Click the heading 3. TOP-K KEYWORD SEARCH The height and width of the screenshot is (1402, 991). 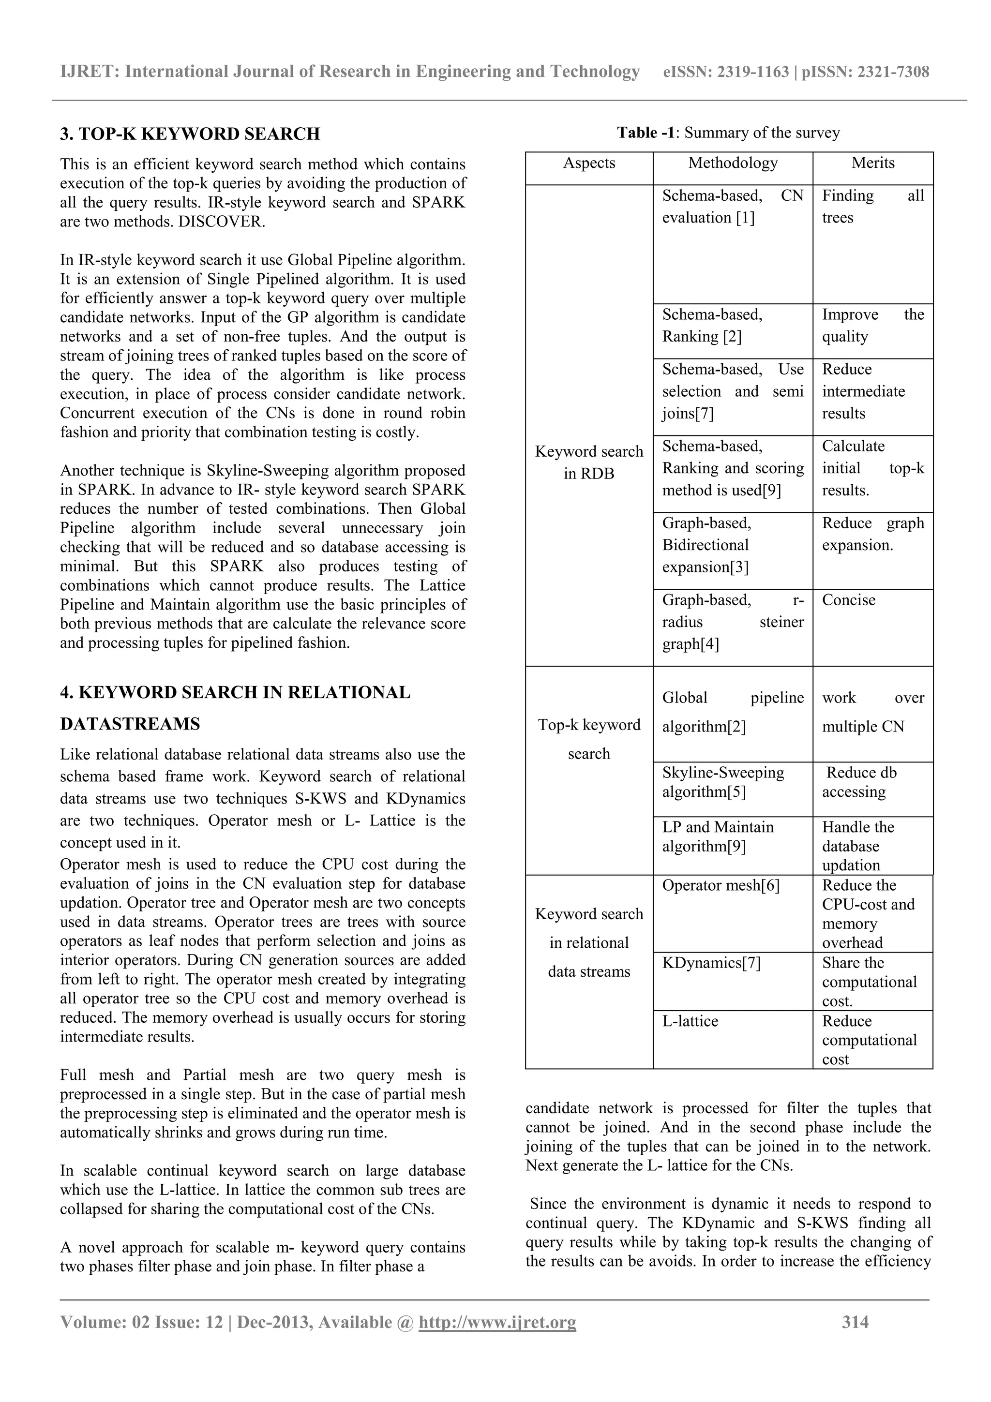[190, 134]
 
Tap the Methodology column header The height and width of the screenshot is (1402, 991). [732, 163]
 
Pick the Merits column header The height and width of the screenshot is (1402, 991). [872, 163]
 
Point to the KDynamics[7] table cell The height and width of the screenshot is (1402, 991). [711, 963]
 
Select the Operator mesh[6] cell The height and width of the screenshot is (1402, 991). [721, 885]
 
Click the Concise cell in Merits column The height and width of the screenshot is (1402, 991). [848, 600]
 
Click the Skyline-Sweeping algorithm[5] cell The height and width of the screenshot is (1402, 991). [723, 782]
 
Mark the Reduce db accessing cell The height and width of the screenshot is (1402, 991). [861, 782]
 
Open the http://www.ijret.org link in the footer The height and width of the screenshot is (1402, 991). [497, 1323]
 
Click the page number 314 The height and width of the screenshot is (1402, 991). [855, 1323]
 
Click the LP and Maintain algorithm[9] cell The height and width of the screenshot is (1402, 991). [718, 836]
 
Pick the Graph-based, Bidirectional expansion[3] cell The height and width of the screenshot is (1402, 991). [706, 545]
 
